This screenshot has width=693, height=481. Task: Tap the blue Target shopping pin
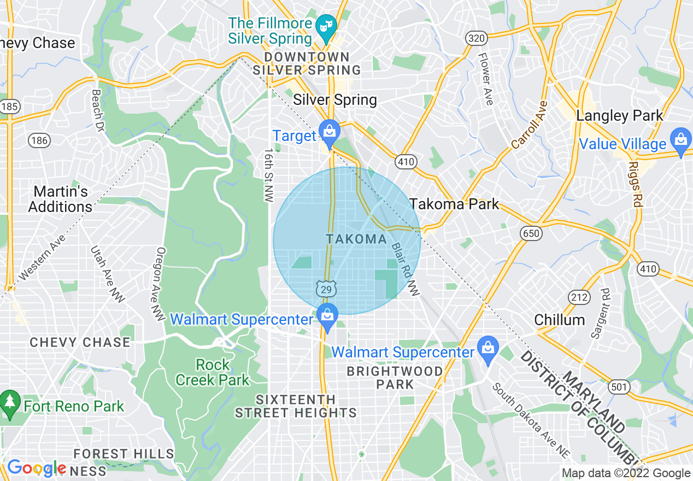pyautogui.click(x=329, y=132)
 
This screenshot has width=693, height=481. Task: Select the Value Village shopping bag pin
pyautogui.click(x=681, y=140)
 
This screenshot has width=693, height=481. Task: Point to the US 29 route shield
pyautogui.click(x=326, y=289)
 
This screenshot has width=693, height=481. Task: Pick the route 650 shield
pyautogui.click(x=531, y=234)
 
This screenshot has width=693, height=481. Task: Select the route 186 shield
pyautogui.click(x=39, y=141)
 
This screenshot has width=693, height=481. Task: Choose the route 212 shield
pyautogui.click(x=579, y=297)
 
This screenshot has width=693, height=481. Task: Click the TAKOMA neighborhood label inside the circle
pyautogui.click(x=356, y=239)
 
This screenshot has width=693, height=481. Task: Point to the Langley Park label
pyautogui.click(x=620, y=116)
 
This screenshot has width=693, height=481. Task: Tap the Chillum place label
pyautogui.click(x=559, y=320)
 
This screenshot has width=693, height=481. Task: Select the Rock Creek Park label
pyautogui.click(x=213, y=372)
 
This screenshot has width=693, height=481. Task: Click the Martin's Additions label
pyautogui.click(x=61, y=200)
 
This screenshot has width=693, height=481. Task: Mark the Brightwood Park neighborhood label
pyautogui.click(x=395, y=378)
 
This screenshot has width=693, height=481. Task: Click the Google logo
pyautogui.click(x=37, y=468)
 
